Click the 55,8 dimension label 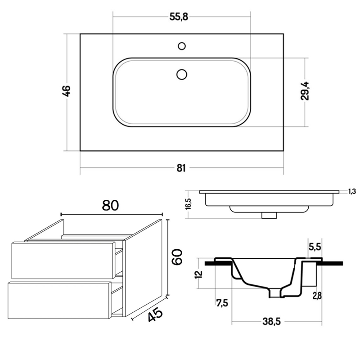pyautogui.click(x=179, y=17)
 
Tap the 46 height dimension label pyautogui.click(x=67, y=91)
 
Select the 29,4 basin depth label pyautogui.click(x=305, y=91)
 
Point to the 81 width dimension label pyautogui.click(x=181, y=168)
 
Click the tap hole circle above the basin pyautogui.click(x=182, y=46)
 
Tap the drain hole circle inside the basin pyautogui.click(x=182, y=74)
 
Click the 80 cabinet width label pyautogui.click(x=110, y=206)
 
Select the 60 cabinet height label pyautogui.click(x=177, y=256)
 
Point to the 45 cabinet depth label pyautogui.click(x=155, y=314)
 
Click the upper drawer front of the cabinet pyautogui.click(x=63, y=261)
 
